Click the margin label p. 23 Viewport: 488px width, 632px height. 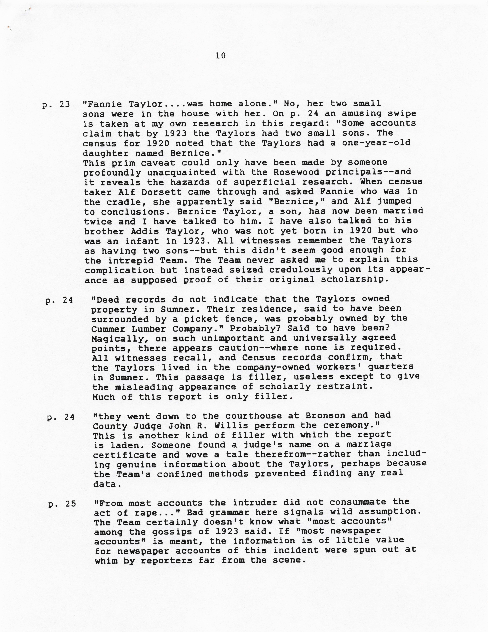(x=56, y=105)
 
